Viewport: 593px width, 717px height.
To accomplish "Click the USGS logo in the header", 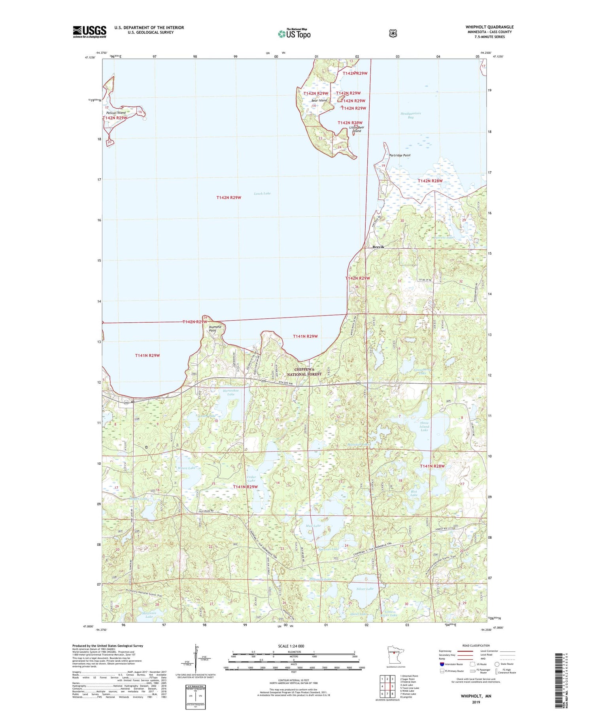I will tap(90, 32).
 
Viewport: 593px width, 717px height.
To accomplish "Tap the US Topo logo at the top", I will tap(294, 34).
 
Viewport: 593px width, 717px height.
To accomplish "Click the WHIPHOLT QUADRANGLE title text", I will tap(489, 27).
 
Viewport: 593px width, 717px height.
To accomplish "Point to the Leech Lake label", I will tap(262, 193).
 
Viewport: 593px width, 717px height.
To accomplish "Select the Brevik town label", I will tap(378, 247).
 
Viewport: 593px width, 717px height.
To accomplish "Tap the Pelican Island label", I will tap(116, 113).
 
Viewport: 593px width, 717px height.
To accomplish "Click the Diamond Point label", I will tap(215, 329).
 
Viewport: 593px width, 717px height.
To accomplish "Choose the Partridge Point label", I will tap(400, 155).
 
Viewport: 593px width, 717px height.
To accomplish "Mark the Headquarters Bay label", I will tap(411, 115).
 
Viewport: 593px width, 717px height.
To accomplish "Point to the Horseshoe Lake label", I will tap(231, 392).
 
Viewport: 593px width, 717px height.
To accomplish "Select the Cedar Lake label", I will tap(251, 479).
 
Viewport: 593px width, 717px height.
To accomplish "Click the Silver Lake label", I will tap(364, 589).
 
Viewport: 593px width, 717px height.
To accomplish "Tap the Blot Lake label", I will tap(414, 493).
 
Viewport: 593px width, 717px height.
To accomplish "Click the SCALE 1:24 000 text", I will tap(291, 646).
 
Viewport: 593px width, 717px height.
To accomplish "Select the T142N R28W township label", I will tap(430, 181).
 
